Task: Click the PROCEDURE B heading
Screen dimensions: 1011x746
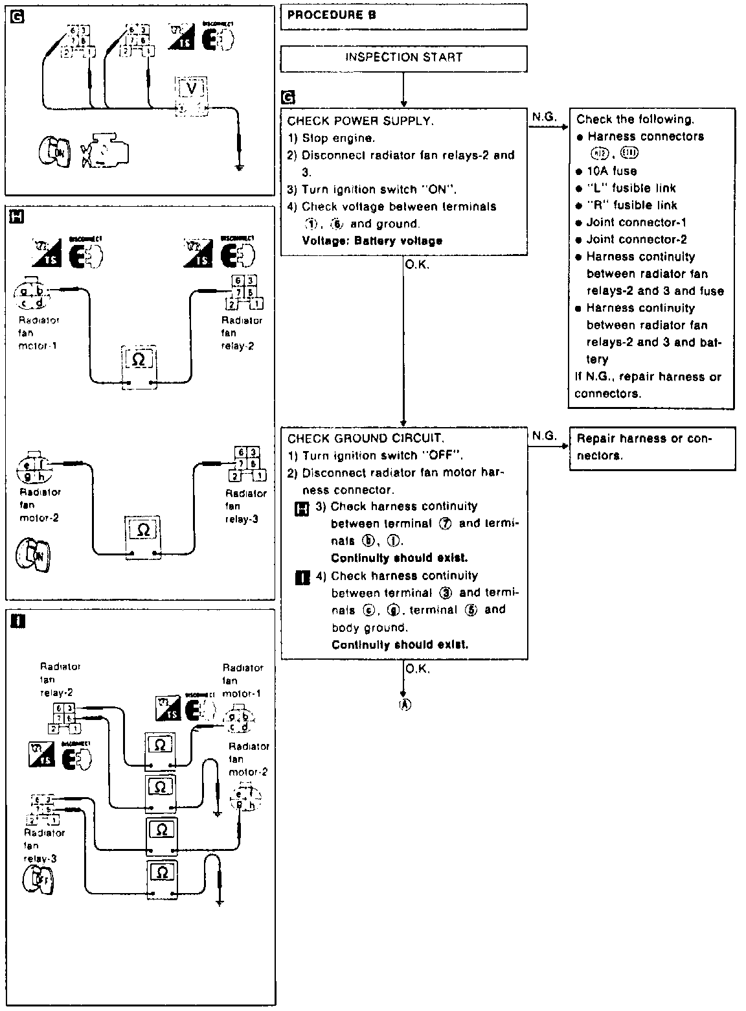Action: pyautogui.click(x=331, y=15)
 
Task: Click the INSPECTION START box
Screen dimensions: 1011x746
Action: pyautogui.click(x=403, y=57)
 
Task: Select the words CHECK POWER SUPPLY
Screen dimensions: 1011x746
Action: pyautogui.click(x=360, y=121)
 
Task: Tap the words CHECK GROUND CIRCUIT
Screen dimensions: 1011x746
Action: pyautogui.click(x=366, y=438)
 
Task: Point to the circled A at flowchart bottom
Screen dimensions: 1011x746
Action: pyautogui.click(x=405, y=705)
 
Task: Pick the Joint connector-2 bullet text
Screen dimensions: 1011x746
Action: pyautogui.click(x=637, y=239)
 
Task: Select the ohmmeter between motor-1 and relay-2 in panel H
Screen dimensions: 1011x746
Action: pyautogui.click(x=138, y=367)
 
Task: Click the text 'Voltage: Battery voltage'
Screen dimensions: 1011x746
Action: pyautogui.click(x=372, y=240)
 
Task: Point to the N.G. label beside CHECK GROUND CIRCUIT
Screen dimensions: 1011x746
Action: pyautogui.click(x=544, y=436)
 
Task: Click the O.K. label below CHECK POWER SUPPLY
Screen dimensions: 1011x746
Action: pyautogui.click(x=417, y=264)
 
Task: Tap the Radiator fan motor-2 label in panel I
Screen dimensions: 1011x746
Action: pyautogui.click(x=247, y=759)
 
